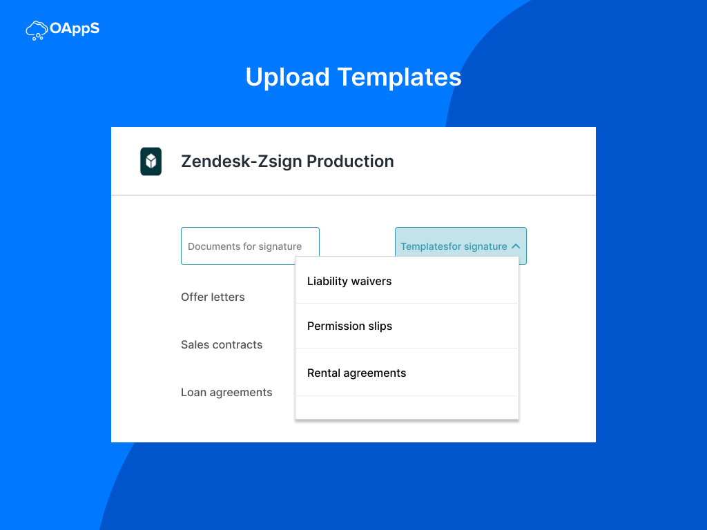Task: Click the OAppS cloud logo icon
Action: pyautogui.click(x=37, y=30)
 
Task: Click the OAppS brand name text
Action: pyautogui.click(x=75, y=28)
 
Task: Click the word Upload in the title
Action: pyautogui.click(x=288, y=77)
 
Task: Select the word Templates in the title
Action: pyautogui.click(x=400, y=77)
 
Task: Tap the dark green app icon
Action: pyautogui.click(x=151, y=161)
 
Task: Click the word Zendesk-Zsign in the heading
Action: pyautogui.click(x=241, y=161)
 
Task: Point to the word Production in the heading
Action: pyautogui.click(x=350, y=161)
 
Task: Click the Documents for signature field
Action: pyautogui.click(x=250, y=246)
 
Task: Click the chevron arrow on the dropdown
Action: pyautogui.click(x=516, y=246)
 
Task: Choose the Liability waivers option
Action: pyautogui.click(x=407, y=280)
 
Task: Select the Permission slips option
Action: pyautogui.click(x=407, y=326)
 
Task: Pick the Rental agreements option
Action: pyautogui.click(x=407, y=373)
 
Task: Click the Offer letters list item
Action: pyautogui.click(x=213, y=297)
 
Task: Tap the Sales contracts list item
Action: pyautogui.click(x=222, y=345)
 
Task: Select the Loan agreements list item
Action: pyautogui.click(x=226, y=393)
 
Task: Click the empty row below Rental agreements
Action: pyautogui.click(x=407, y=407)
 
